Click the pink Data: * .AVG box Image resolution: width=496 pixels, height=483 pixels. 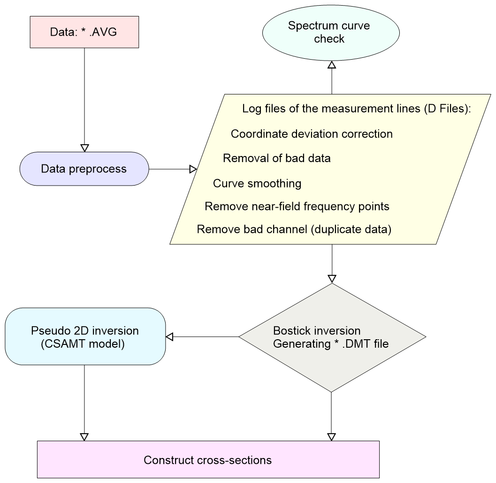pos(84,32)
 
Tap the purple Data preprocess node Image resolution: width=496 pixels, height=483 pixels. pos(84,169)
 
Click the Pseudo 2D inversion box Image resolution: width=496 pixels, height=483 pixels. pos(85,336)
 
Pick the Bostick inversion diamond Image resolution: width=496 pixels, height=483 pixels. pos(332,337)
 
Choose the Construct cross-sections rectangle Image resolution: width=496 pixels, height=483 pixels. pos(208,460)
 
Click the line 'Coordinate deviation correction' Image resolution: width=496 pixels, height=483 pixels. pos(312,134)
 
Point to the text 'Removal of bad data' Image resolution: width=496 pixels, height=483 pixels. pos(276,158)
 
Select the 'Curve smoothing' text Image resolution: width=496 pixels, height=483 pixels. pos(257,183)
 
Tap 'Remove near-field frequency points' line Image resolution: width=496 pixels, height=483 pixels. pos(297,206)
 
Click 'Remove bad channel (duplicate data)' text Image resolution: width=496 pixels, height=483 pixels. pos(294,230)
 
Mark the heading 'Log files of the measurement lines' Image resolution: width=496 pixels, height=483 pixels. pos(356,109)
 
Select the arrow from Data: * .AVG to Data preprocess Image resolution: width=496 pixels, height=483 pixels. pos(84,99)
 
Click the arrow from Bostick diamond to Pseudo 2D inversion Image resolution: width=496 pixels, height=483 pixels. pos(202,336)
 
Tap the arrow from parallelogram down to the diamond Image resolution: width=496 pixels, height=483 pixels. pos(332,263)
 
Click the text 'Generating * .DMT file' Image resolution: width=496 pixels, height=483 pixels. pos(331,344)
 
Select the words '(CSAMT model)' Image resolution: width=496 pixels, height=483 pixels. pos(83,344)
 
